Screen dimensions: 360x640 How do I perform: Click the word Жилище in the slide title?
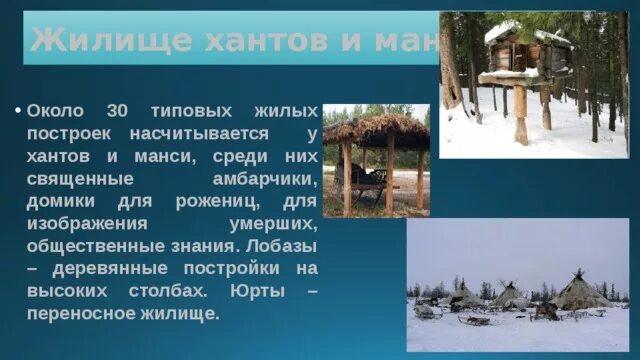[88, 40]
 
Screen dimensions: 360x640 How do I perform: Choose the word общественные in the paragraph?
[90, 246]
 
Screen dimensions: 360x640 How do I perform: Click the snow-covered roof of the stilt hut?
[515, 31]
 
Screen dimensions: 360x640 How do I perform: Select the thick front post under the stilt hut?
[520, 114]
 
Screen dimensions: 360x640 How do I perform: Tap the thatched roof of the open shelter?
[376, 129]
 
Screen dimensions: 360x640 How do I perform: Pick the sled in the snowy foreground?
[476, 321]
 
